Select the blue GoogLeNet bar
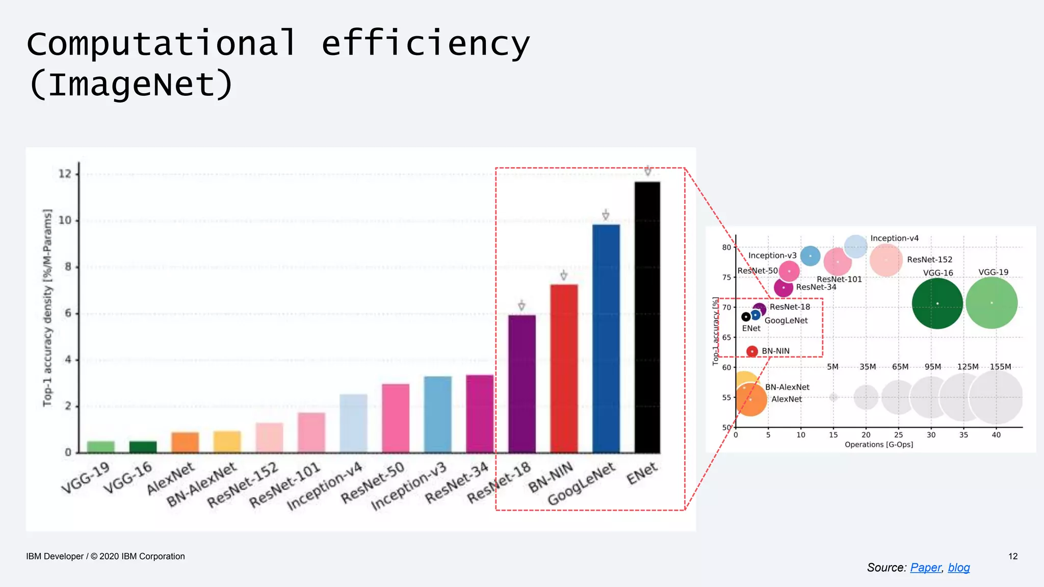(x=606, y=338)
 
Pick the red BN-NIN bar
(x=563, y=368)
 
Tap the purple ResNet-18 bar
(x=521, y=384)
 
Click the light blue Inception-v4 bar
(x=353, y=423)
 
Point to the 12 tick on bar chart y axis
(x=65, y=174)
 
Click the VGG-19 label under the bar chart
(x=86, y=478)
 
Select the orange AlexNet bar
(x=185, y=442)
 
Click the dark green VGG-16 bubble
(x=937, y=304)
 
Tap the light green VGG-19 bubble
(x=991, y=303)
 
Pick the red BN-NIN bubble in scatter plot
(x=752, y=351)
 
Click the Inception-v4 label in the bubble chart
(x=894, y=238)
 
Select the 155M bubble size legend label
(x=1000, y=367)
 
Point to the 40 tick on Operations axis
(x=996, y=435)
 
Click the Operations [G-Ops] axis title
(x=879, y=445)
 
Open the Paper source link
(x=926, y=568)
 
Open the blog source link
(x=959, y=568)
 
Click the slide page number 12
(x=1013, y=556)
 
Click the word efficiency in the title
(x=426, y=44)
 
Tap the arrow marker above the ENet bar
(x=647, y=171)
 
